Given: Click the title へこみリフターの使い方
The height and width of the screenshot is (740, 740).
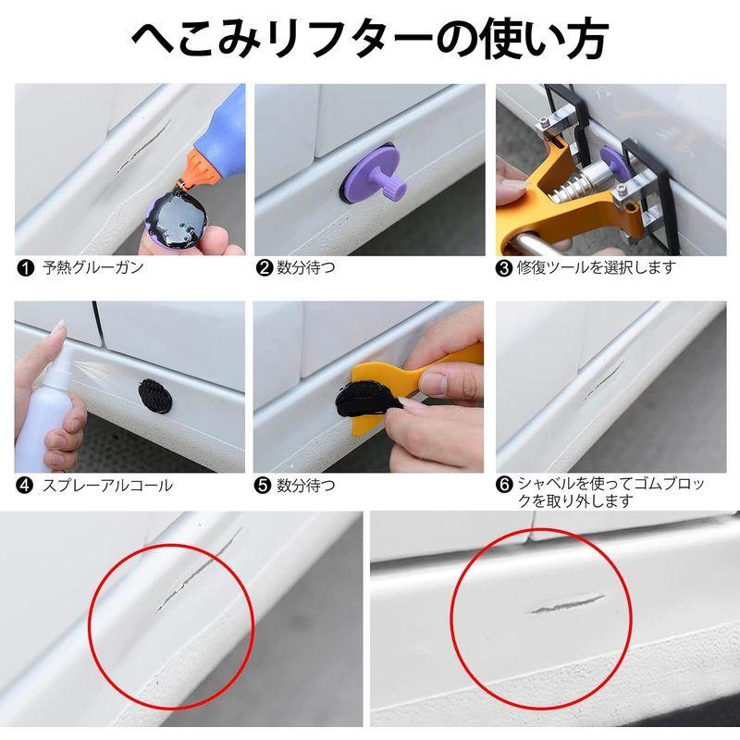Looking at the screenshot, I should tap(370, 39).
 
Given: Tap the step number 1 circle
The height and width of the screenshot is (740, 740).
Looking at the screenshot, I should tap(23, 268).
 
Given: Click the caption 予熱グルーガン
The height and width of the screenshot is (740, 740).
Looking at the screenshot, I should tap(92, 268).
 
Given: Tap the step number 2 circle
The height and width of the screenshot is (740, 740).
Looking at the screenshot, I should tap(264, 268).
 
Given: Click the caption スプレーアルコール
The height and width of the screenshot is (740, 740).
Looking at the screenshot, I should tap(106, 485).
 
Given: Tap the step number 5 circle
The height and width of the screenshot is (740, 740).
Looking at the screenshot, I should tap(264, 485).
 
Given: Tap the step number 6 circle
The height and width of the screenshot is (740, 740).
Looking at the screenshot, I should tap(504, 485).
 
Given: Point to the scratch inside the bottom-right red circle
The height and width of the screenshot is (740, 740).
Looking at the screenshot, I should tap(564, 603).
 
